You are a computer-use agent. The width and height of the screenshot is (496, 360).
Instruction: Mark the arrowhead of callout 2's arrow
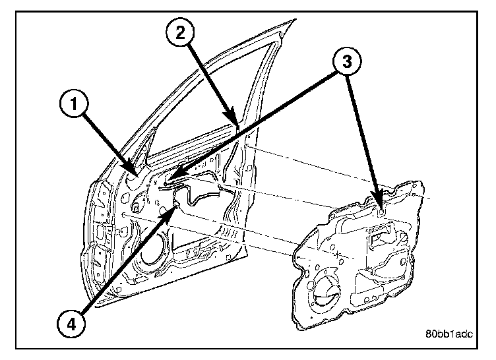[237, 123]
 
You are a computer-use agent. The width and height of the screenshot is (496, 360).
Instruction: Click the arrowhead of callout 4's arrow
[175, 206]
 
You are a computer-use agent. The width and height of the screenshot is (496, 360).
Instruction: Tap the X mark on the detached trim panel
[338, 253]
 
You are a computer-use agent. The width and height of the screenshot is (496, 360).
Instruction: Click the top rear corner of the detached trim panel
[419, 181]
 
